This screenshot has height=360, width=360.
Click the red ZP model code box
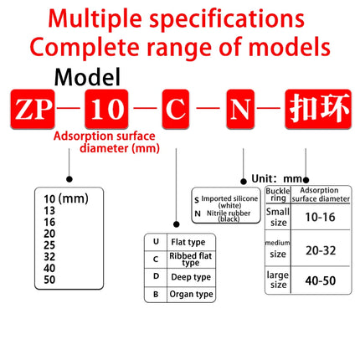(33, 109)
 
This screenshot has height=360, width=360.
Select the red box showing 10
(106, 109)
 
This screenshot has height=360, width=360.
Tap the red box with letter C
(176, 109)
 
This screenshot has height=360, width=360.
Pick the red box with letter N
(240, 109)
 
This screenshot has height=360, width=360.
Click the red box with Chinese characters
(318, 109)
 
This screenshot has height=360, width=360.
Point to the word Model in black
(87, 77)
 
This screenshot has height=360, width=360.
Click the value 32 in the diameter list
(49, 256)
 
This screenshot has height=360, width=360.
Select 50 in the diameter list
(49, 280)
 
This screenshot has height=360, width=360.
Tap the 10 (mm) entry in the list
(66, 199)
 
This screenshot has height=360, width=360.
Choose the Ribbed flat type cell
(191, 260)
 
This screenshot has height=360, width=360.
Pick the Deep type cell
(191, 277)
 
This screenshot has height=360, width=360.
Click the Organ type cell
(191, 294)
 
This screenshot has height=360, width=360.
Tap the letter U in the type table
(156, 242)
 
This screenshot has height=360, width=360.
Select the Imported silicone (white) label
(229, 202)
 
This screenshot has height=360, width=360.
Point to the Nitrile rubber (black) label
(229, 216)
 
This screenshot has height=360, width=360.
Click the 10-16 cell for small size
(320, 217)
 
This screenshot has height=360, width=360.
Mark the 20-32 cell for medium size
(321, 250)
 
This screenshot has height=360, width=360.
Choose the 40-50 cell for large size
(321, 280)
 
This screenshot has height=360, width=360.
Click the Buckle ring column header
(278, 194)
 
